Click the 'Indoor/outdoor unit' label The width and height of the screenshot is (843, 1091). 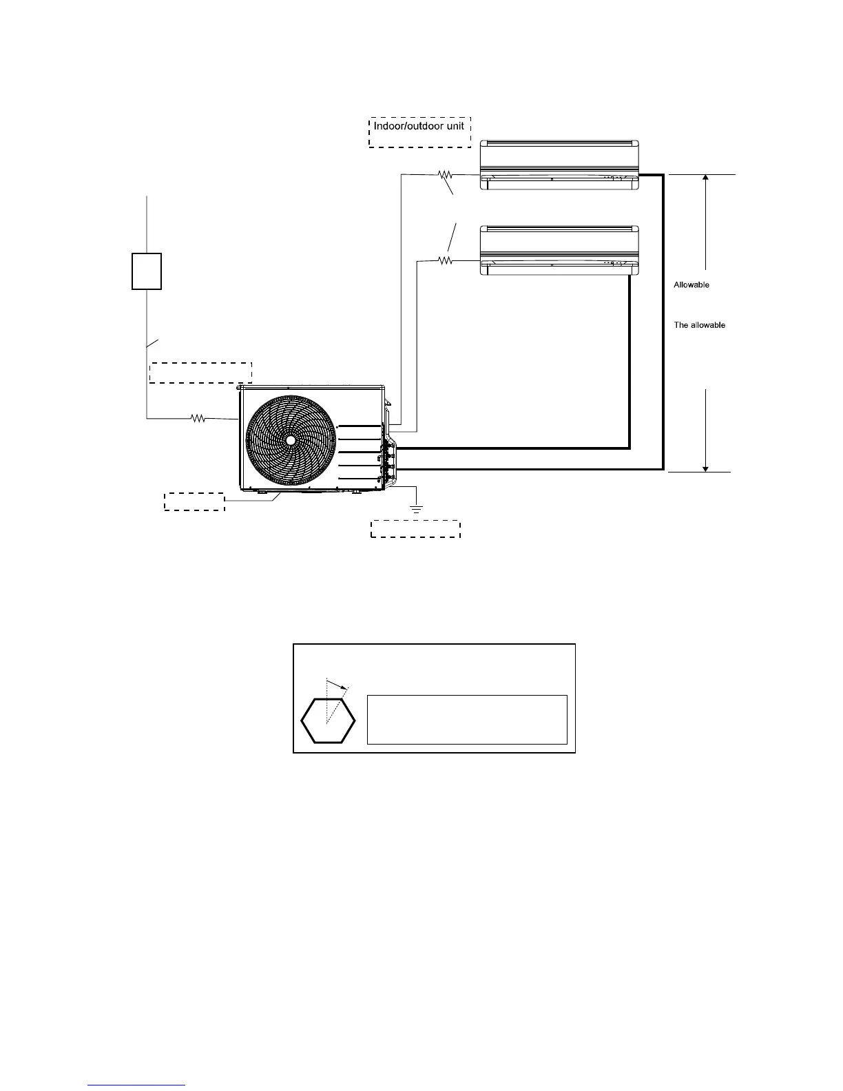click(420, 127)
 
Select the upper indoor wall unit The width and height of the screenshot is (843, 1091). click(560, 164)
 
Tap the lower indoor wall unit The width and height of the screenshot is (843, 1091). click(560, 250)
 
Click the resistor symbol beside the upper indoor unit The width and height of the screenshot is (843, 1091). click(445, 175)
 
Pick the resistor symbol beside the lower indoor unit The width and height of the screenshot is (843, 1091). click(445, 260)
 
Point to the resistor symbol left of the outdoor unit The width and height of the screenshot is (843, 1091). click(198, 417)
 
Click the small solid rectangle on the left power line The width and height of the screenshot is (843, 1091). click(147, 271)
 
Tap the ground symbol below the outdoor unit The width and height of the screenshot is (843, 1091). click(416, 510)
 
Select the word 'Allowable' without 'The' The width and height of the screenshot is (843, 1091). click(691, 284)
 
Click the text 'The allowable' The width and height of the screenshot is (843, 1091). click(699, 325)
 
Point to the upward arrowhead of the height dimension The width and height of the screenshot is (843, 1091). click(705, 178)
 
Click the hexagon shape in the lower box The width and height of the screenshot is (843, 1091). click(329, 720)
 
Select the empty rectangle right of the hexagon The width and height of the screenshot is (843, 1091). click(467, 720)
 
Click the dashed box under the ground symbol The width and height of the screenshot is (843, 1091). click(415, 529)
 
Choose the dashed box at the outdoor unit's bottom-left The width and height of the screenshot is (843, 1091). click(194, 501)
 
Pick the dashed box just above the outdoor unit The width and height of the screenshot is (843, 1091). click(200, 372)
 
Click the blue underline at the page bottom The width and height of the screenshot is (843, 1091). click(137, 1085)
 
